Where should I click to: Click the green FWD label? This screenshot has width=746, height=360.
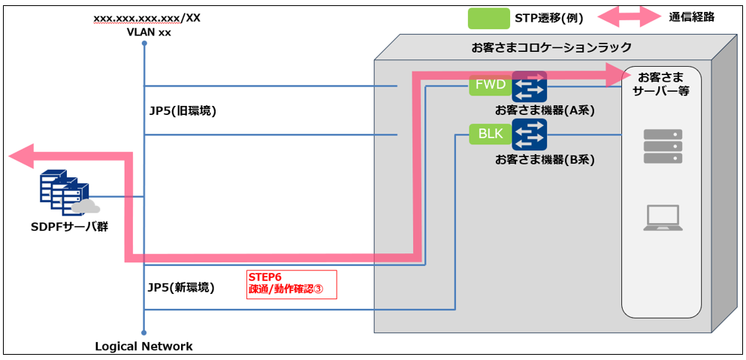490,85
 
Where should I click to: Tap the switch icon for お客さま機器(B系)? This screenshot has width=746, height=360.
530,135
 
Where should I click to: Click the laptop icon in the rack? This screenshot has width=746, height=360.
662,218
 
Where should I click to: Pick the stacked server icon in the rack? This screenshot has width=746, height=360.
663,147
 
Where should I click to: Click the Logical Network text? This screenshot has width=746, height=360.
143,346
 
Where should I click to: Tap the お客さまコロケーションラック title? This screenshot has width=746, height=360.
551,47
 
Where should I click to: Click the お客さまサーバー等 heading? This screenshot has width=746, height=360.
662,84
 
